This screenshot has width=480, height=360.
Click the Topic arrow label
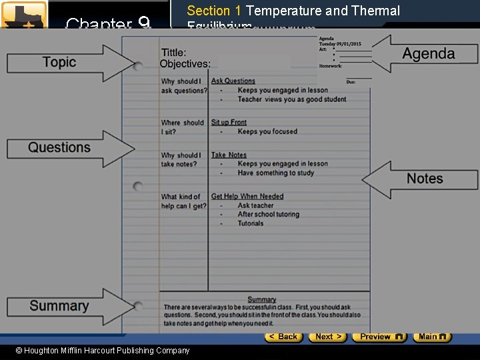59,63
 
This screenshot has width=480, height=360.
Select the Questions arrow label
59,147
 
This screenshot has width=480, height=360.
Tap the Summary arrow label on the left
59,306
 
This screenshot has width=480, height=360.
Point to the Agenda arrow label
429,54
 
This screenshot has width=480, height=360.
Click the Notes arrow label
425,179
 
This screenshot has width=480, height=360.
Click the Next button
328,337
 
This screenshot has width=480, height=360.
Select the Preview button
379,337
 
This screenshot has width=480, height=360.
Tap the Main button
431,337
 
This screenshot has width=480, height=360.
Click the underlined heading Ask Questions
233,81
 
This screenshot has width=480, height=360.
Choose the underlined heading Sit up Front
229,123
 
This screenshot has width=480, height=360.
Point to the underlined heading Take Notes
229,155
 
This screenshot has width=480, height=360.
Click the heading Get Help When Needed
247,197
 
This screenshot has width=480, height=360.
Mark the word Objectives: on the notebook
185,64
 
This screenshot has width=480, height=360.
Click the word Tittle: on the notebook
173,53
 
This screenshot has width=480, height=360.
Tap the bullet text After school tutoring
269,215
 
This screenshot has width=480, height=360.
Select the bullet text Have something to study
275,173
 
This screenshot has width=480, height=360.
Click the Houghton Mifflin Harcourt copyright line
103,351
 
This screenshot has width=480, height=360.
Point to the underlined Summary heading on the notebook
261,299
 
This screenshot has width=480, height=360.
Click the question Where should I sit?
182,127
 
